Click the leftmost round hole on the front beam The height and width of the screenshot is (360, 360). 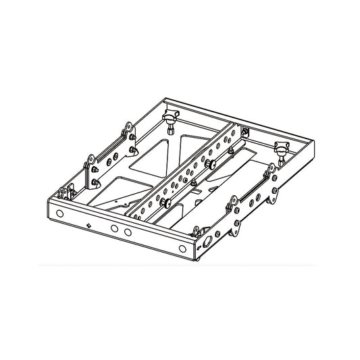click(60, 213)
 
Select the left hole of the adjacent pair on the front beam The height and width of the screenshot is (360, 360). click(113, 228)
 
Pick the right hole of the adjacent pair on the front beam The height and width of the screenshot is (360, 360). click(127, 231)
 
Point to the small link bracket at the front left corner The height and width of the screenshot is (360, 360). click(65, 193)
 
